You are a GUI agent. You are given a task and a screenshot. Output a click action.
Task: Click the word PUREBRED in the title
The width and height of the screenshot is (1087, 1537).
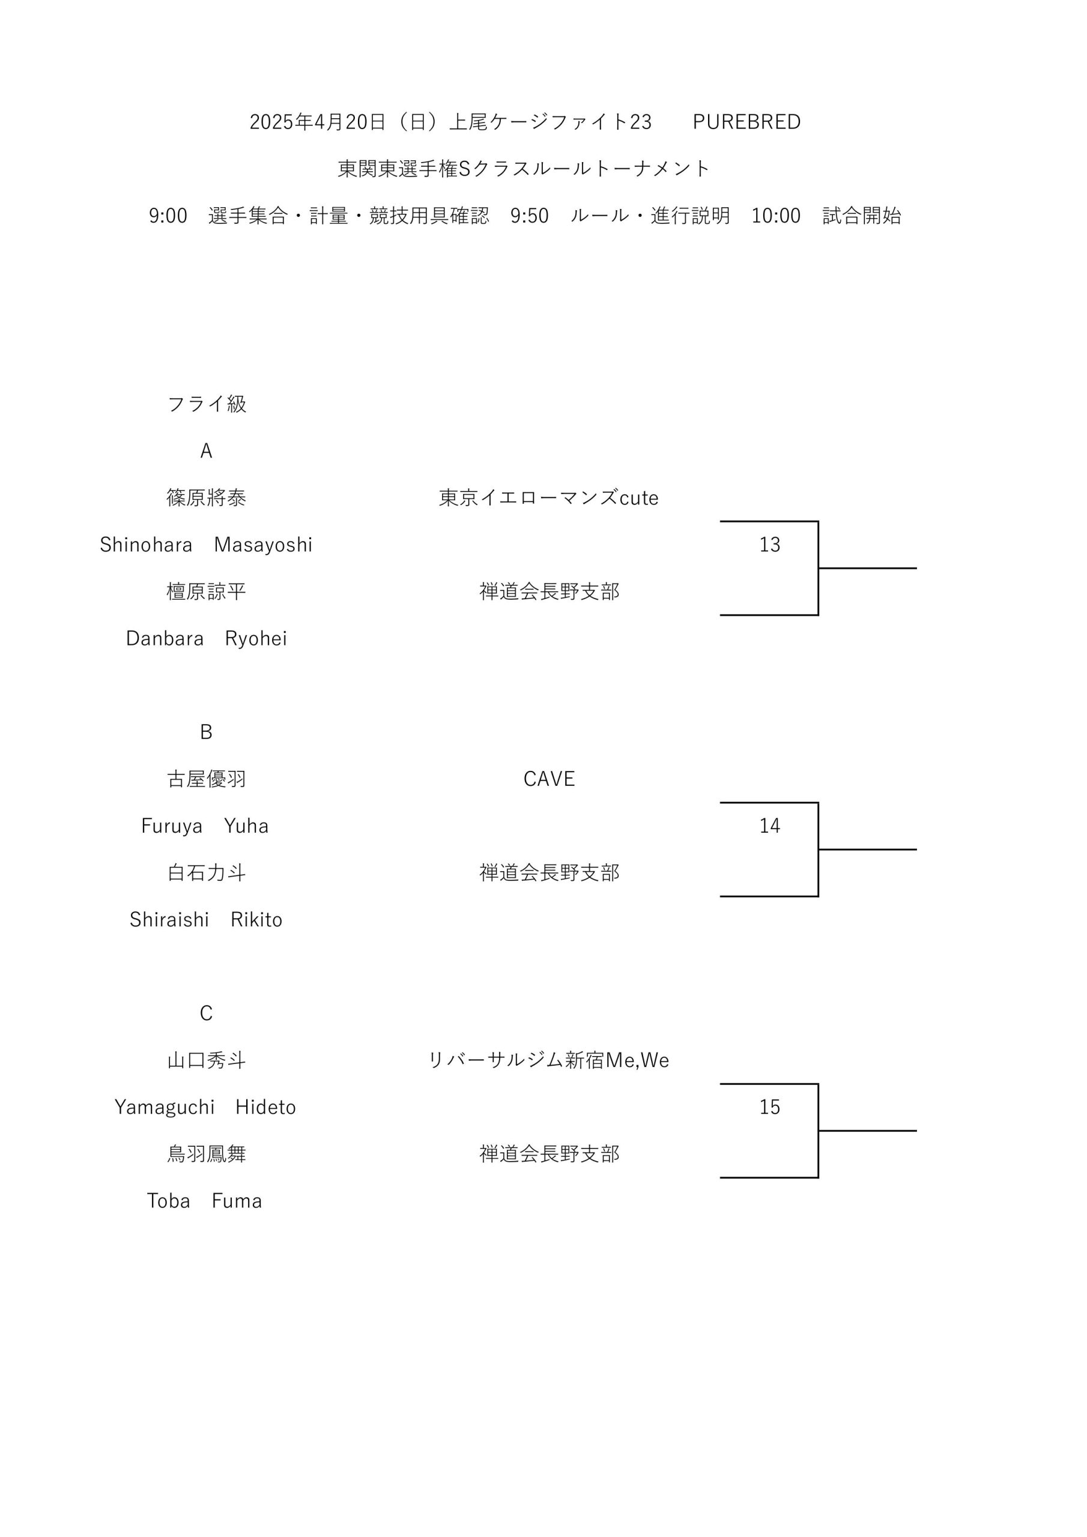coord(746,122)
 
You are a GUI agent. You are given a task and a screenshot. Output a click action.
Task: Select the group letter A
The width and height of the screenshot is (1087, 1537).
coord(206,450)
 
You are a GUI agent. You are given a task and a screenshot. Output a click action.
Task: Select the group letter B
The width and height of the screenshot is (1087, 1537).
coord(206,732)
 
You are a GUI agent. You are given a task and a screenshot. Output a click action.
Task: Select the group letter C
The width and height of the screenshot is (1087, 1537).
coord(206,1013)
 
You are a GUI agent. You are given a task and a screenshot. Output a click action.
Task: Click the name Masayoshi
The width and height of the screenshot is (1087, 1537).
coord(263,545)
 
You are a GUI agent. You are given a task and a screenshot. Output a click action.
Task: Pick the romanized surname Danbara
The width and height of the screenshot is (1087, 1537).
coord(165,639)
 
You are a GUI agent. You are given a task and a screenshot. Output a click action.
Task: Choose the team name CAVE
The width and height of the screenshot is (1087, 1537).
coord(549,779)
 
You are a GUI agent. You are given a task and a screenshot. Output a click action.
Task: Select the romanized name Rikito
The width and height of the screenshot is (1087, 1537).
coord(256,920)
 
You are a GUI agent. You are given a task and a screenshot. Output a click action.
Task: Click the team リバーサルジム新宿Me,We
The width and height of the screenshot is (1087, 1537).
coord(548,1060)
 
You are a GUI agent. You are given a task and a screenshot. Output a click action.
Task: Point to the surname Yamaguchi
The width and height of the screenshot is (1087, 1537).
coord(165,1107)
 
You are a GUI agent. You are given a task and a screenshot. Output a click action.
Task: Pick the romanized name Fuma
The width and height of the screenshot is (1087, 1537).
coord(237,1201)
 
